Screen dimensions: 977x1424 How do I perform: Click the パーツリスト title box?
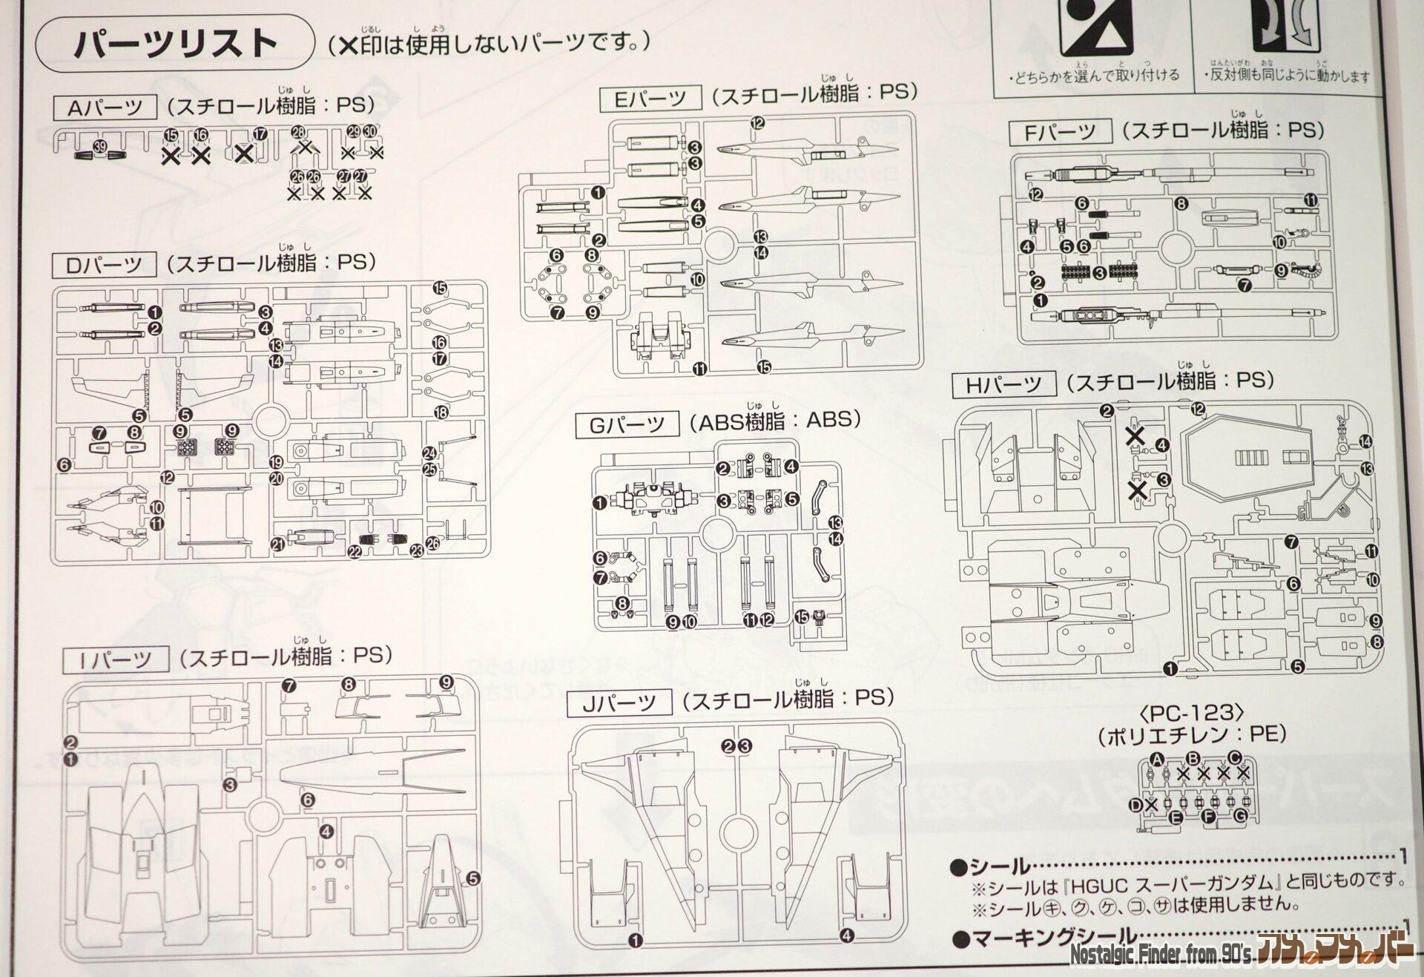point(175,44)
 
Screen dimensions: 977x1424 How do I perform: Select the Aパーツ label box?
point(105,108)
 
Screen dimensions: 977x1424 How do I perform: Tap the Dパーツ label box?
point(105,265)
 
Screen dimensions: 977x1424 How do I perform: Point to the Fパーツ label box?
point(1061,132)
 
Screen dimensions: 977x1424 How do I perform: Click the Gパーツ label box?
point(627,424)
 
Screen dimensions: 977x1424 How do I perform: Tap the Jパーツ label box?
point(619,703)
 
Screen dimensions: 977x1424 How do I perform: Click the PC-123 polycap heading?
point(1191,713)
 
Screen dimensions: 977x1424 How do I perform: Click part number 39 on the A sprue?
point(100,147)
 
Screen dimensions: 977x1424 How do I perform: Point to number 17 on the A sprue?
point(260,134)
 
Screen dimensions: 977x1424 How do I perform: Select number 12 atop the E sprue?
point(756,123)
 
